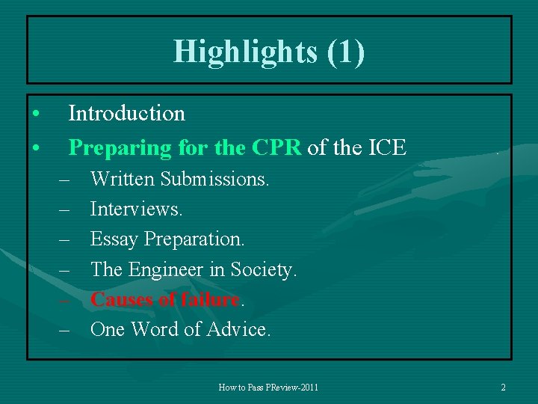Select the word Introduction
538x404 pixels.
pyautogui.click(x=126, y=114)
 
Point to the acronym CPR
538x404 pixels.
pyautogui.click(x=276, y=148)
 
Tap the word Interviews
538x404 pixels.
pyautogui.click(x=136, y=209)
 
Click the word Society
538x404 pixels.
pyautogui.click(x=264, y=269)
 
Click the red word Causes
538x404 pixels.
pyautogui.click(x=122, y=299)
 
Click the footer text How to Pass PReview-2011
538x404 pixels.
pyautogui.click(x=268, y=388)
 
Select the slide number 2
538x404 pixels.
pyautogui.click(x=503, y=388)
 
